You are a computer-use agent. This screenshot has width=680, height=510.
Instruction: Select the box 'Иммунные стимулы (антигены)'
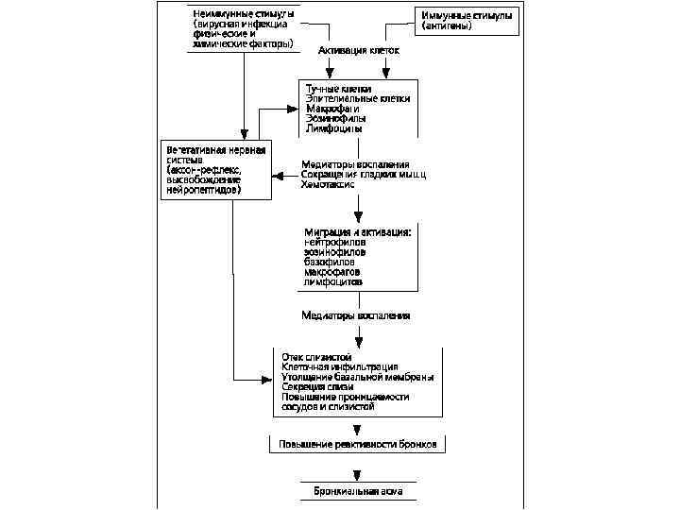(x=467, y=21)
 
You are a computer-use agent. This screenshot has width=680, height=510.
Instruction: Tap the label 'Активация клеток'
(x=358, y=49)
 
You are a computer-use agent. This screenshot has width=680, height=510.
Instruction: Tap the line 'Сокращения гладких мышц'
(x=364, y=175)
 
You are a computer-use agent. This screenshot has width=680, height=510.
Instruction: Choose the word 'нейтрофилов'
(x=335, y=242)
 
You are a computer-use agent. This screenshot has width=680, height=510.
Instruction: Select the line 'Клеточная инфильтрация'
(x=339, y=366)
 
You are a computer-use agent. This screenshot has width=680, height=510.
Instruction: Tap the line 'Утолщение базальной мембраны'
(x=357, y=377)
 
